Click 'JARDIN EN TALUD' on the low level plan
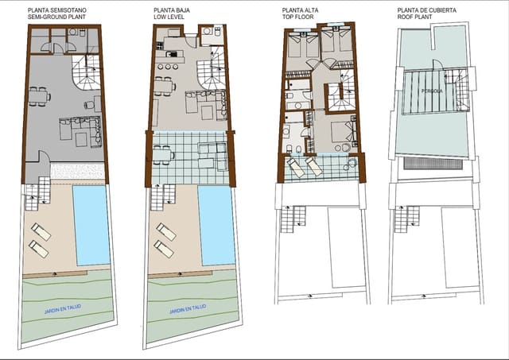click(187, 308)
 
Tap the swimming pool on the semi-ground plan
click(92, 225)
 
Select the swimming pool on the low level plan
click(216, 225)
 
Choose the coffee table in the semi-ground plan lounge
click(80, 138)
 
